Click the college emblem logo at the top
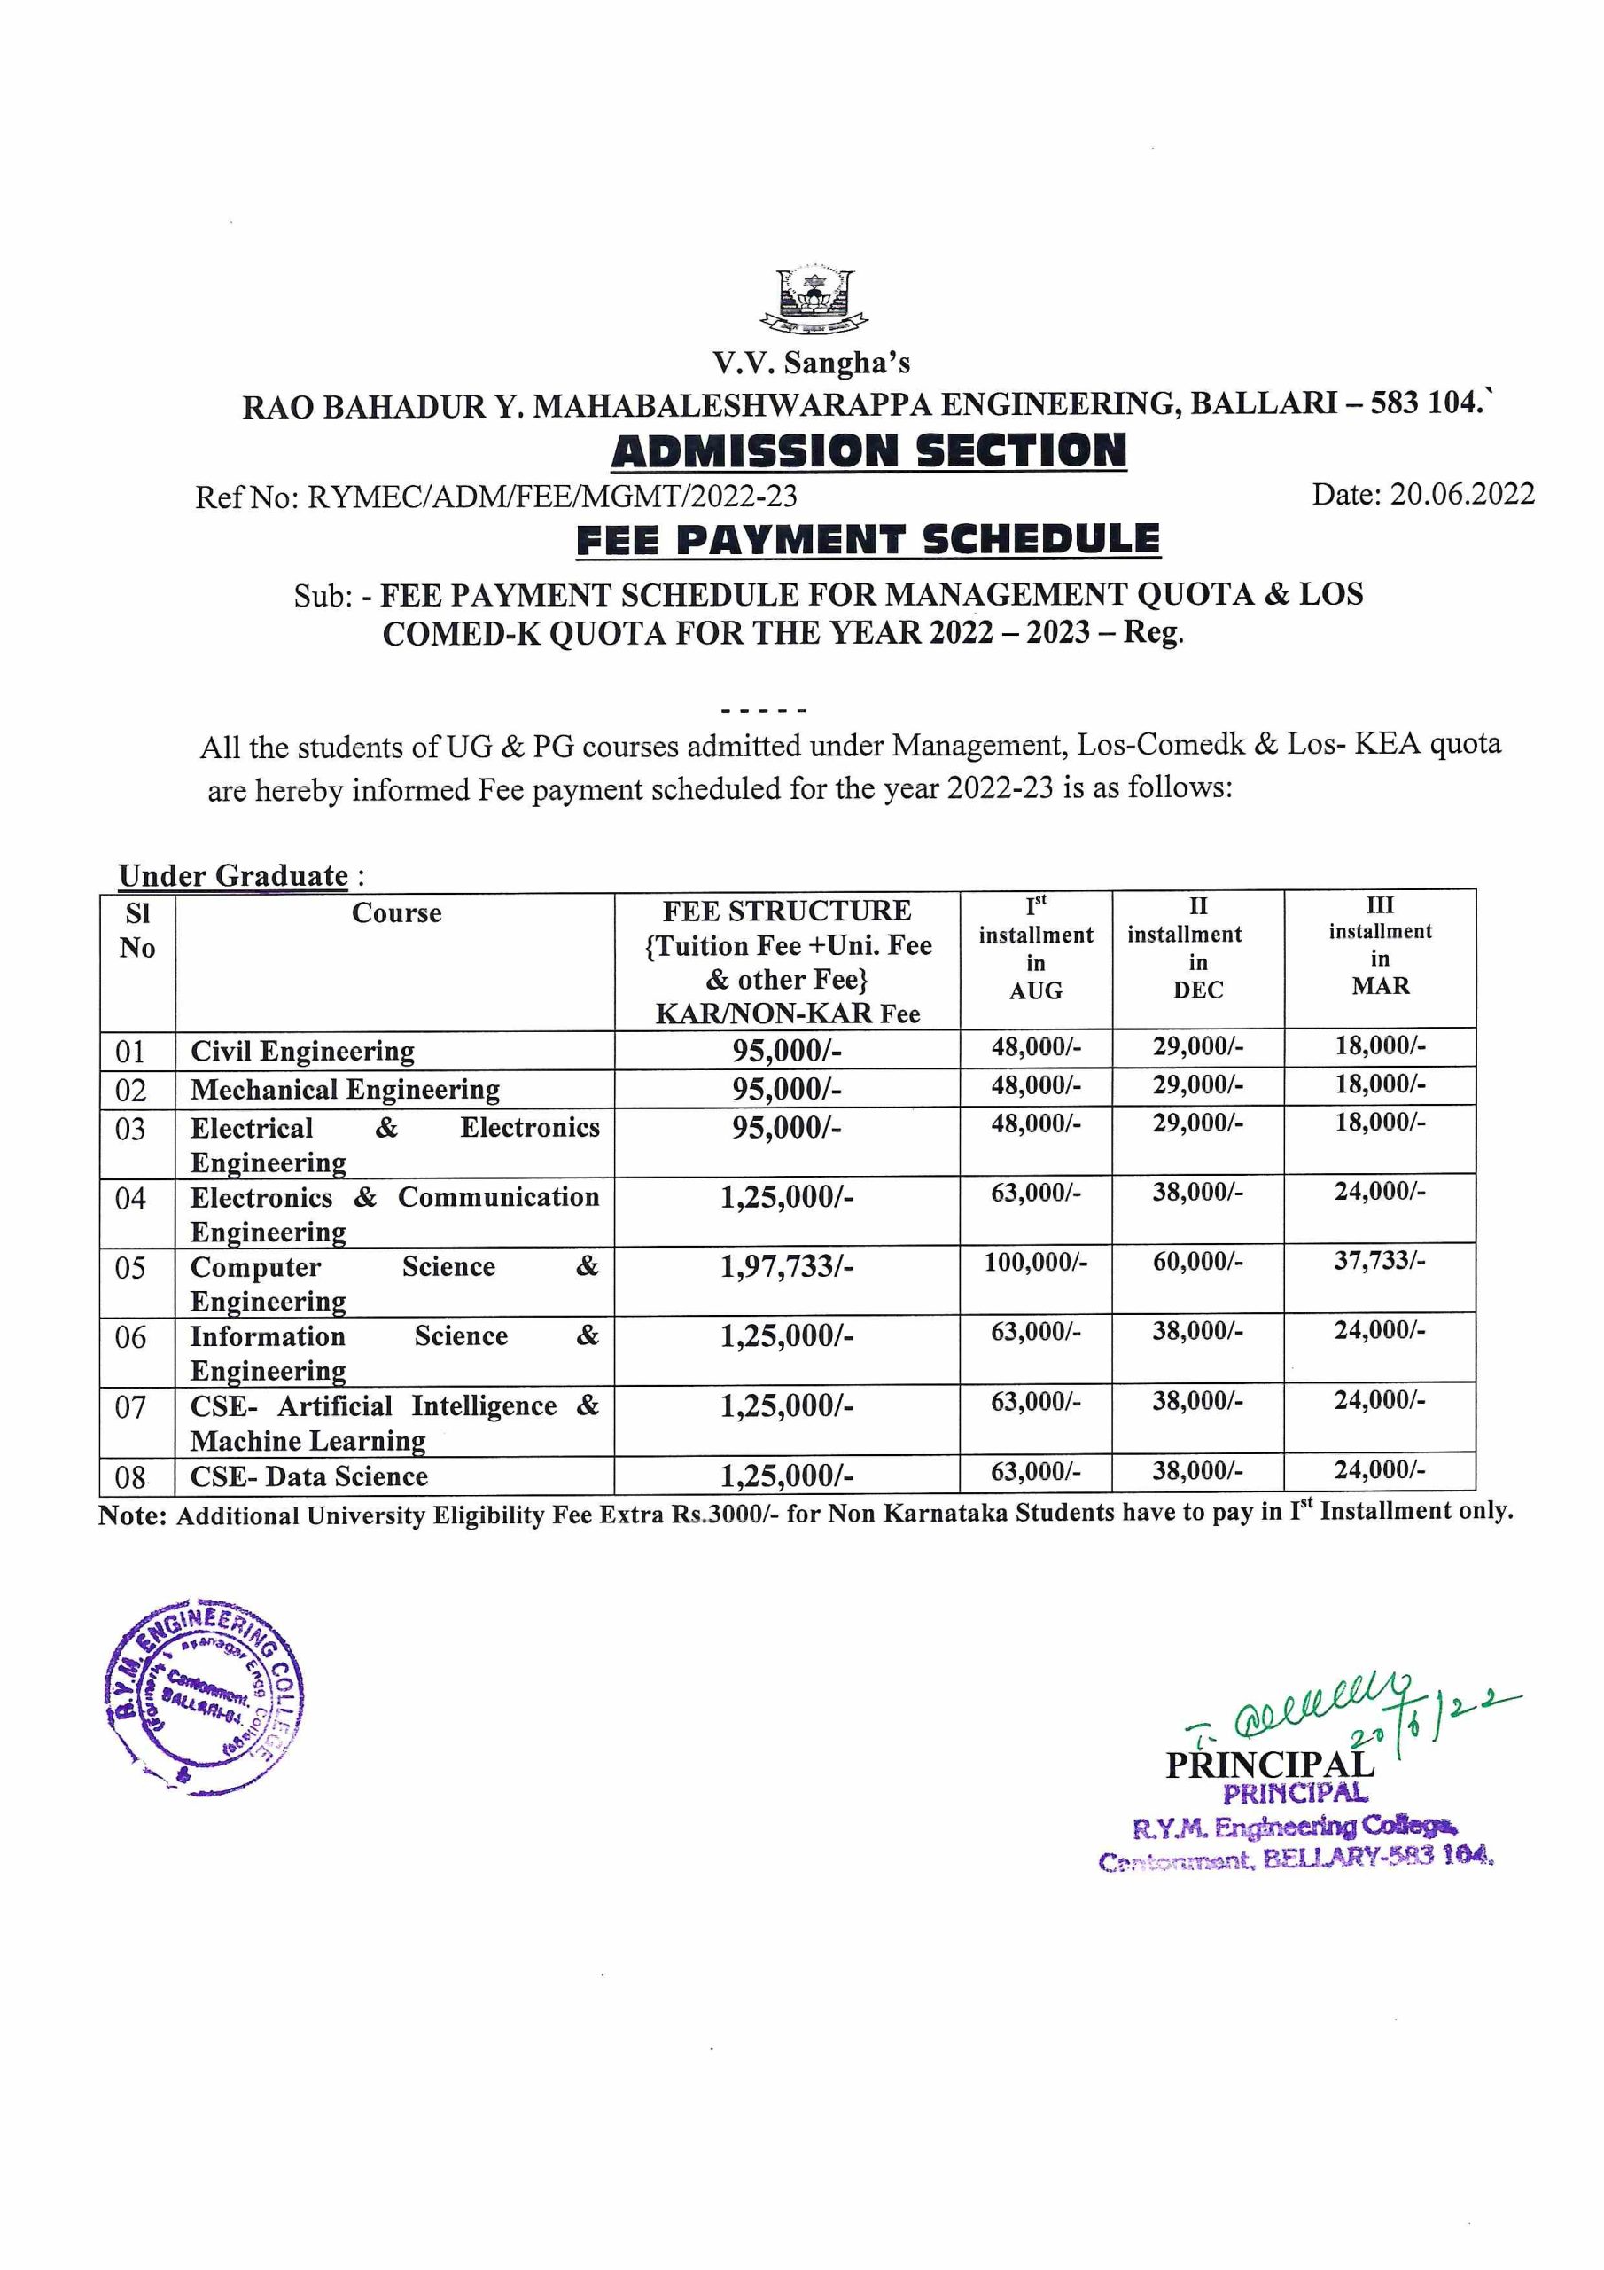coord(815,299)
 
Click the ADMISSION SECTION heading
coord(868,450)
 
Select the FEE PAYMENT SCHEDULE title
coord(868,540)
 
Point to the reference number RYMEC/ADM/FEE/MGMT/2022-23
coord(552,496)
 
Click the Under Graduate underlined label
coord(233,876)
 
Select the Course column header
coord(396,912)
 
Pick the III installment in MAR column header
coord(1380,945)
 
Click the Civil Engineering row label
coord(302,1051)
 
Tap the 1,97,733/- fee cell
coord(787,1266)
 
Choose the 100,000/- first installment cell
coord(1036,1263)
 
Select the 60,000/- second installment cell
coord(1198,1262)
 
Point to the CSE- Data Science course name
coord(309,1476)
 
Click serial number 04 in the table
coord(130,1199)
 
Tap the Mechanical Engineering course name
coord(345,1090)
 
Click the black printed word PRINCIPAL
coord(1269,1765)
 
